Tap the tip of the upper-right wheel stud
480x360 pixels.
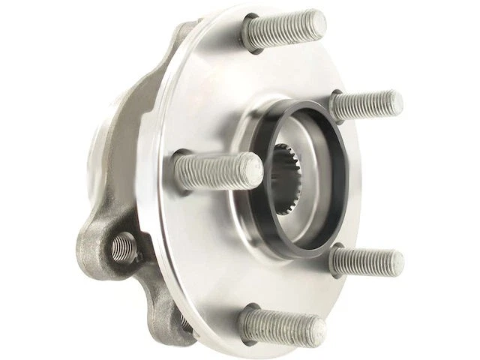click(x=394, y=103)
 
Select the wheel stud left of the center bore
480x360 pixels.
click(x=217, y=170)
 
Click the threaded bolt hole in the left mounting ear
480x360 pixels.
click(x=122, y=247)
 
